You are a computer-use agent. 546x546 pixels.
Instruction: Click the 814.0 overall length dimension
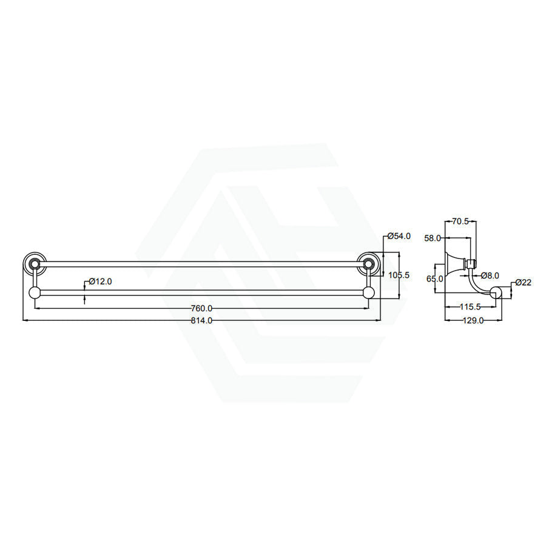pyautogui.click(x=201, y=321)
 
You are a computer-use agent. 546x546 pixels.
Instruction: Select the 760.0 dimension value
pyautogui.click(x=201, y=309)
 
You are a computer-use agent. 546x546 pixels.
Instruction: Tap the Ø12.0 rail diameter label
pyautogui.click(x=100, y=281)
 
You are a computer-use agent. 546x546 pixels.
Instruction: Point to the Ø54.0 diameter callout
pyautogui.click(x=399, y=236)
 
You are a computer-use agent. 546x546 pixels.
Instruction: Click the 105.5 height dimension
pyautogui.click(x=399, y=275)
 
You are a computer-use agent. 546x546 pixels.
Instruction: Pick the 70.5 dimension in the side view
pyautogui.click(x=460, y=221)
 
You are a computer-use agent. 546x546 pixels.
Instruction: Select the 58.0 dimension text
pyautogui.click(x=433, y=238)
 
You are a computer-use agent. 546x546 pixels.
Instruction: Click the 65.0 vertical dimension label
pyautogui.click(x=434, y=279)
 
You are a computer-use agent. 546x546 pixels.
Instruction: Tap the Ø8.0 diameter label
pyautogui.click(x=490, y=276)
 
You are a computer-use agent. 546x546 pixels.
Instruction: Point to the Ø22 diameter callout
pyautogui.click(x=524, y=282)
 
